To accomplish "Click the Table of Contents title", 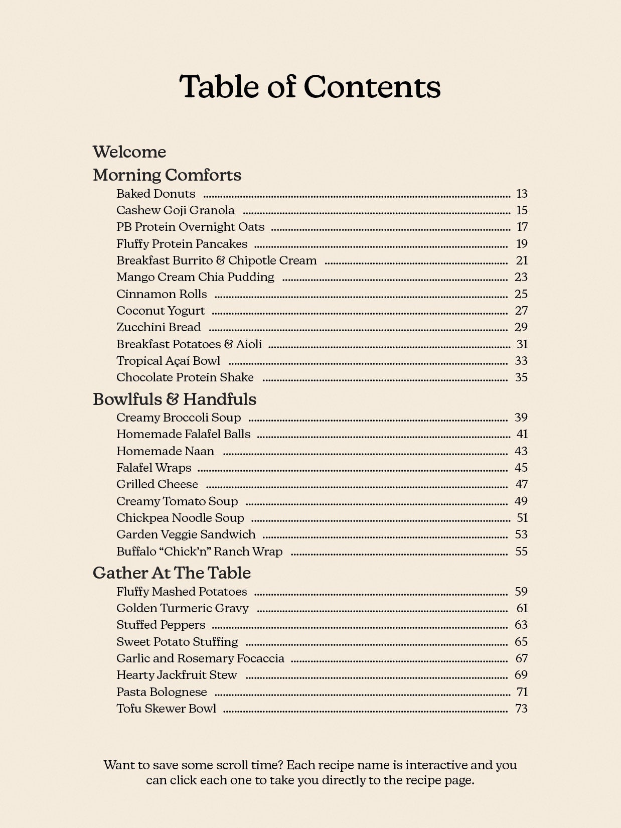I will (x=310, y=86).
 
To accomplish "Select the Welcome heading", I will (x=129, y=152).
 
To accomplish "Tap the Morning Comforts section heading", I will (x=167, y=175).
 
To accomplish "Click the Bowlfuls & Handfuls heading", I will (x=175, y=399).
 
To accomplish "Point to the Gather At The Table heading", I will (x=172, y=573).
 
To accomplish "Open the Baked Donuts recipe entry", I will (x=156, y=194).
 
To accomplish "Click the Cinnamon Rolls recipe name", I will (x=162, y=294).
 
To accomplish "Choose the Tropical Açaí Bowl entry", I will (x=168, y=361).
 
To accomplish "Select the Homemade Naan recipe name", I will (x=165, y=451).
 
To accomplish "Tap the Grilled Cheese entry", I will (x=157, y=484).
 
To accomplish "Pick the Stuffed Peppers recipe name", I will (x=161, y=625).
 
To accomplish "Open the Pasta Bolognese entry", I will (x=162, y=692).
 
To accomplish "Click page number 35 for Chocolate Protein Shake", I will (x=521, y=377).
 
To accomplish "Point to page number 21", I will (x=522, y=260).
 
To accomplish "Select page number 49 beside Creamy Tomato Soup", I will (x=521, y=501).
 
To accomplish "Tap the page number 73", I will (x=521, y=709).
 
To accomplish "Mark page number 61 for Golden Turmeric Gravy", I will (x=522, y=608).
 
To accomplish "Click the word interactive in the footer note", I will (x=436, y=765).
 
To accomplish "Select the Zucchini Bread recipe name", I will (x=159, y=327).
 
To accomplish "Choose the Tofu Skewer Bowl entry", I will (x=166, y=709).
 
